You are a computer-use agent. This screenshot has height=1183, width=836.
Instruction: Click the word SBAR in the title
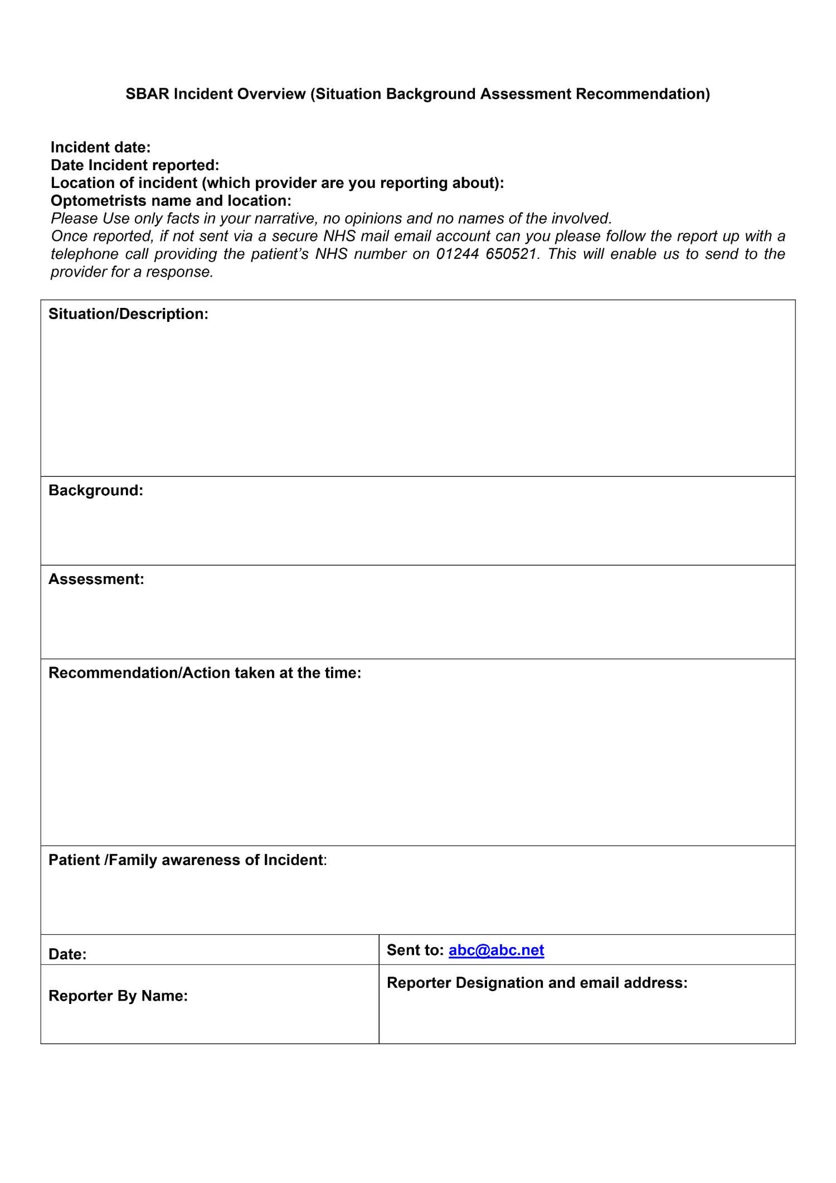[x=147, y=94]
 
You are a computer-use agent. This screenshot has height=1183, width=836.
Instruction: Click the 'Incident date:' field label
[x=101, y=147]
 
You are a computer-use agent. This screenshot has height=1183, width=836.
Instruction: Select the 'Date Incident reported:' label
[x=135, y=165]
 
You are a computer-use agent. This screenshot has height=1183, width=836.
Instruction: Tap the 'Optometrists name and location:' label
[x=171, y=201]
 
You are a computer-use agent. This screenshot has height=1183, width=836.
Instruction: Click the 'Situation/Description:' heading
[x=128, y=314]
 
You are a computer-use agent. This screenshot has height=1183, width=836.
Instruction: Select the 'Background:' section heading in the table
[x=96, y=490]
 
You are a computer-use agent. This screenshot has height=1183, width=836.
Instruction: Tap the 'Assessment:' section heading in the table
[x=96, y=579]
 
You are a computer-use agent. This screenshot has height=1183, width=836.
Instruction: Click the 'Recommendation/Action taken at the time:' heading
[x=205, y=673]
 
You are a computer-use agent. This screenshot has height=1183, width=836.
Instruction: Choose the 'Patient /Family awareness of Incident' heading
[x=186, y=860]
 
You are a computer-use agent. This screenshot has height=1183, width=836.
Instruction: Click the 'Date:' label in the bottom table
[x=67, y=954]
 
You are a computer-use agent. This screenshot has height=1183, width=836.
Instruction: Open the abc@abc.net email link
[x=496, y=950]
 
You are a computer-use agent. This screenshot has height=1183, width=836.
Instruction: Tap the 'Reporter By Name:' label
[x=118, y=996]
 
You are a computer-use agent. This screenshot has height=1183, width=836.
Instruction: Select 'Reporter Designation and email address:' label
[x=537, y=982]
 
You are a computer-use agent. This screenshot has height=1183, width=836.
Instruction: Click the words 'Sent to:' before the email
[x=415, y=950]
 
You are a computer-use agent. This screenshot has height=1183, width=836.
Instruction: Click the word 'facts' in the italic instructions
[x=183, y=219]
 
